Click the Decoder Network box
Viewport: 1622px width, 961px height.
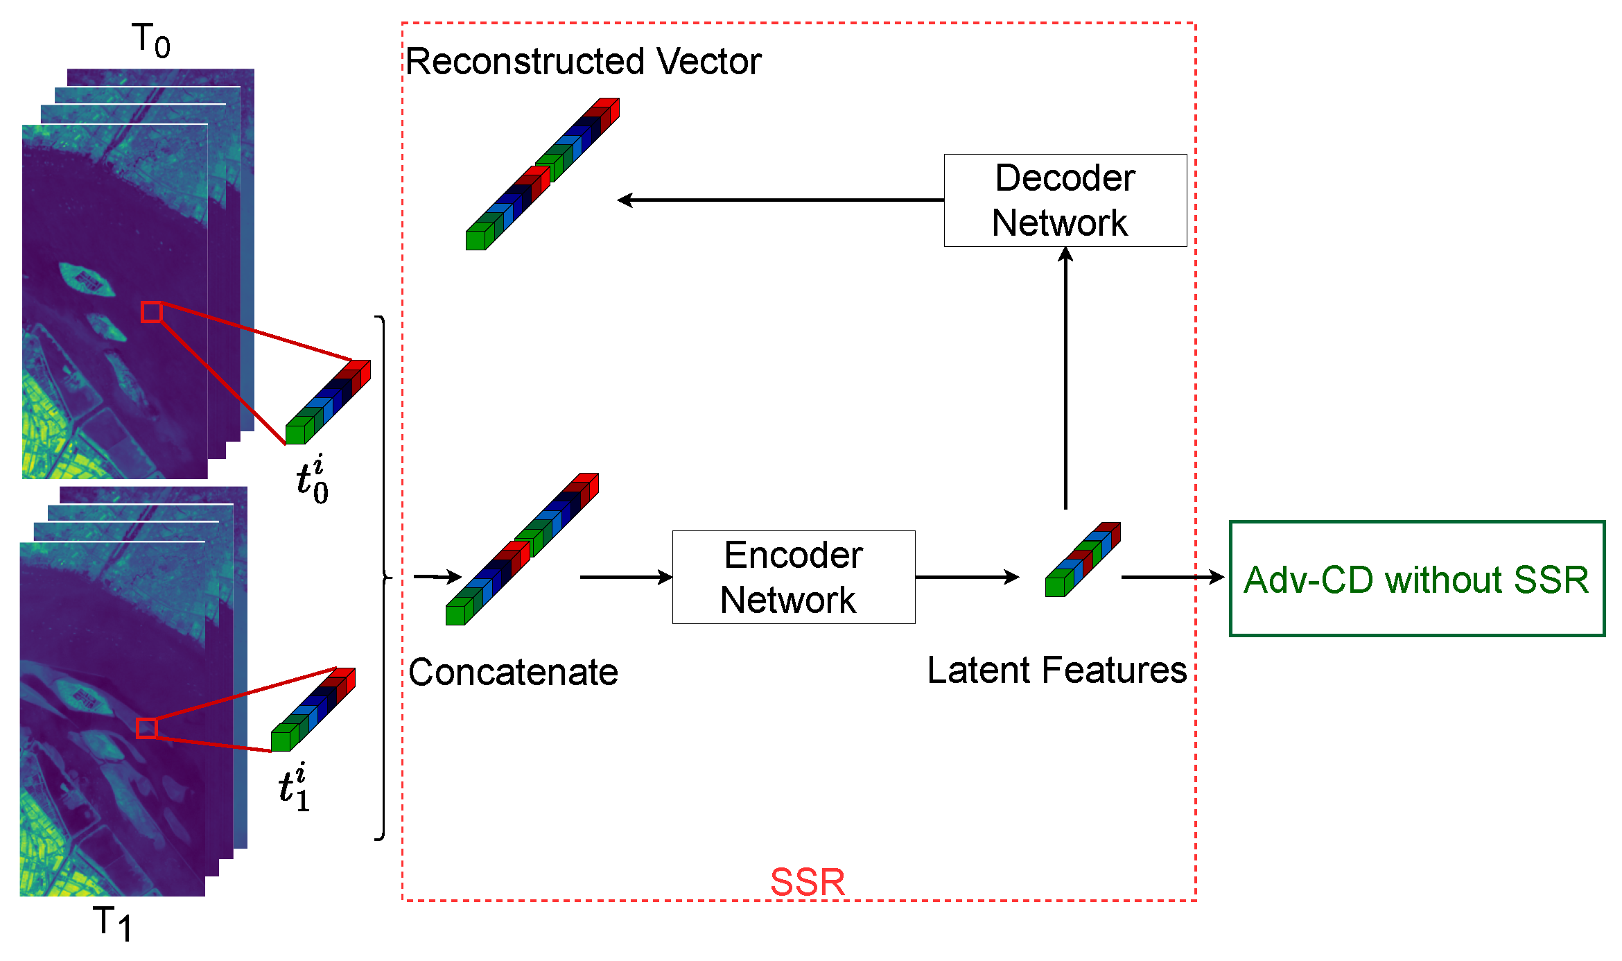(1065, 200)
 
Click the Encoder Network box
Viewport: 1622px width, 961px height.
(793, 577)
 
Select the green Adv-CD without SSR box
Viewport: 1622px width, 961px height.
(1416, 578)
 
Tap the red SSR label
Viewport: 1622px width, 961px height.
(808, 882)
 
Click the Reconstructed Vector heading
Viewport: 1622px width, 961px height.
(583, 62)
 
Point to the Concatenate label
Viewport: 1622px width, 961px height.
(513, 672)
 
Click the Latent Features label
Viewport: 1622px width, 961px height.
(1056, 670)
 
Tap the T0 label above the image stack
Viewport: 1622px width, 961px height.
(151, 40)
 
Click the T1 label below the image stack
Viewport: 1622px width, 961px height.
(112, 923)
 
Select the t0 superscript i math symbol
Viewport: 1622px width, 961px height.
(311, 479)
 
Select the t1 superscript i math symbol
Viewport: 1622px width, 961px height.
(293, 788)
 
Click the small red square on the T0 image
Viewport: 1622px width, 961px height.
(151, 312)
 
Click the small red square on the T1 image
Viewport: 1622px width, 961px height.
(146, 728)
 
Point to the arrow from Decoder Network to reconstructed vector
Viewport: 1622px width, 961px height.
(780, 200)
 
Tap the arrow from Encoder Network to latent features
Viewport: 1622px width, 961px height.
(967, 577)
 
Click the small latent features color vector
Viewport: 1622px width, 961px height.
(1083, 559)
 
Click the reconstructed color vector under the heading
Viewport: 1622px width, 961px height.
(542, 174)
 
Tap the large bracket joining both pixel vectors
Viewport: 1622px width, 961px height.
(383, 577)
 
